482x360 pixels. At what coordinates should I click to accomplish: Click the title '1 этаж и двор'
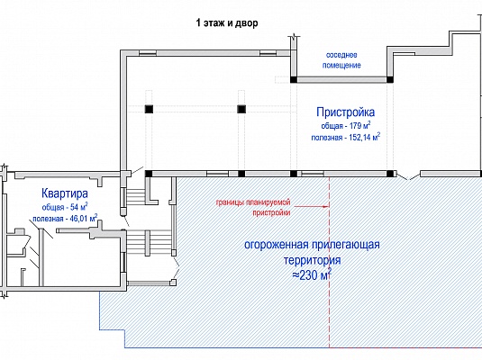227,23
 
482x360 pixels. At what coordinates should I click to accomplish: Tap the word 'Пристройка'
346,112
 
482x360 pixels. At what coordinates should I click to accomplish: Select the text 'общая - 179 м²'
346,125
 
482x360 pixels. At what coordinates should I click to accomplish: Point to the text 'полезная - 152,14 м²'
346,137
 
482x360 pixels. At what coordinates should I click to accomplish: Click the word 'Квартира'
65,193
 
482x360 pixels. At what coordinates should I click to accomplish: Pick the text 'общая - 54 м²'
65,207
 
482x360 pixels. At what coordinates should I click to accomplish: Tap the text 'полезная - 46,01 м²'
65,219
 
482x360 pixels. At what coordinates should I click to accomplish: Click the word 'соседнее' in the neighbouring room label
341,55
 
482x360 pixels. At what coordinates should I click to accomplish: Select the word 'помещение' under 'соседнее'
341,66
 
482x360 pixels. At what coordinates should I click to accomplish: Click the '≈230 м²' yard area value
312,274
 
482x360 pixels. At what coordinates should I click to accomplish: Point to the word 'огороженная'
276,245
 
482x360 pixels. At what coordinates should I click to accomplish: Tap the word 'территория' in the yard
312,260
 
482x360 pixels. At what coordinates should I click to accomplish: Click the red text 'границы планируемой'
253,202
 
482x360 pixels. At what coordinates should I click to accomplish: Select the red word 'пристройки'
271,212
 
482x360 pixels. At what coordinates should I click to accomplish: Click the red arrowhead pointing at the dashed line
327,206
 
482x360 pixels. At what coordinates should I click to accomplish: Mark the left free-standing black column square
149,109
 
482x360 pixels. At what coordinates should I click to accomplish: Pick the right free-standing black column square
241,109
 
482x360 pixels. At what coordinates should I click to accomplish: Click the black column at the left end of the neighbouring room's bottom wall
294,80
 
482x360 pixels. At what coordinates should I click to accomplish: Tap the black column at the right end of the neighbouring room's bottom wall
390,80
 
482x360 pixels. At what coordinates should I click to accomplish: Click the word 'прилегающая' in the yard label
346,245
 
